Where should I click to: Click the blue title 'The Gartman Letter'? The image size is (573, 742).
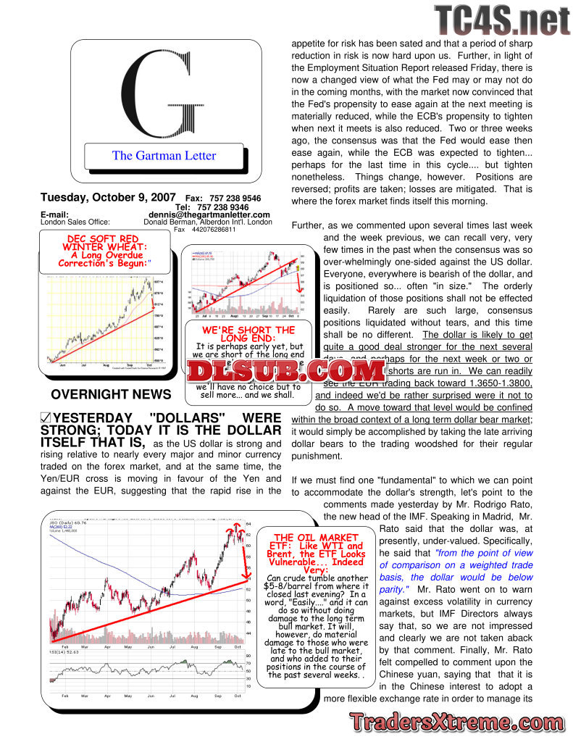pyautogui.click(x=164, y=155)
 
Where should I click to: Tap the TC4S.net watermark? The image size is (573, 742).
pyautogui.click(x=502, y=20)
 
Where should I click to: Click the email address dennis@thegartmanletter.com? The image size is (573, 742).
pyautogui.click(x=209, y=214)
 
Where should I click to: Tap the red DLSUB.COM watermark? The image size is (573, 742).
pyautogui.click(x=287, y=371)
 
